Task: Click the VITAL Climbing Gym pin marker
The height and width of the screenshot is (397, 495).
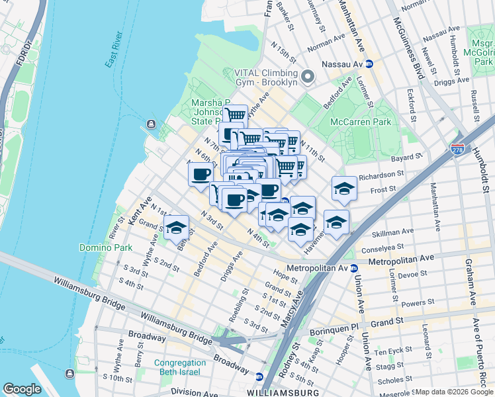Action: [x=307, y=77]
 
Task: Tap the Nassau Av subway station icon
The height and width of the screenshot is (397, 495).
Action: [x=369, y=64]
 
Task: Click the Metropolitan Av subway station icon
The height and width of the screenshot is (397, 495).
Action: [x=354, y=269]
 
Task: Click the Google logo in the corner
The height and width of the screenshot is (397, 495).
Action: [x=22, y=389]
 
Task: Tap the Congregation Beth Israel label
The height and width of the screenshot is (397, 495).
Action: [x=180, y=368]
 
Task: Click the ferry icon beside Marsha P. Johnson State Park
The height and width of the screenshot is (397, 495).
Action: [x=152, y=124]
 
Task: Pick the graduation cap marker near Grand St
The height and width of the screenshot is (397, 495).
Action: [x=176, y=227]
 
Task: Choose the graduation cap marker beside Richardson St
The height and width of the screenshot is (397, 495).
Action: [x=343, y=189]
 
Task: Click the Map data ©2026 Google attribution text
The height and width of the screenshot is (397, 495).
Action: [x=453, y=392]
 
